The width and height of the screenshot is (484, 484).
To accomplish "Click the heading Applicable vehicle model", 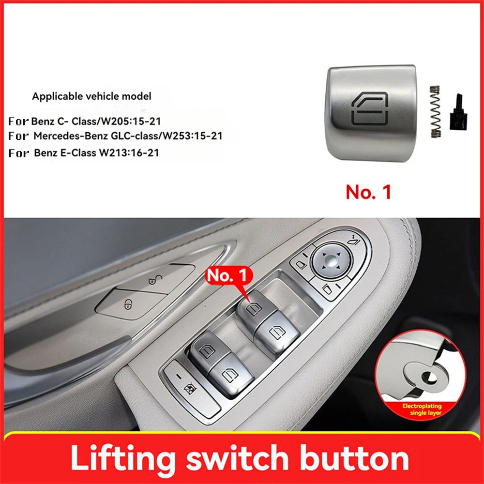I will (91, 96).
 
